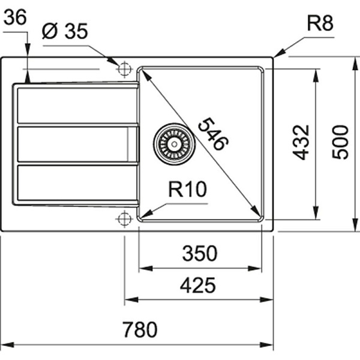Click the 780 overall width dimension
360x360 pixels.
[x=139, y=330]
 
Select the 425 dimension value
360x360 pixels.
[x=197, y=285]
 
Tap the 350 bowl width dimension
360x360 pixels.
[x=199, y=254]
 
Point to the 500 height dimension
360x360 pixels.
[x=340, y=142]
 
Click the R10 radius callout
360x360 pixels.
[x=187, y=191]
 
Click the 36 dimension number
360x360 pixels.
[x=15, y=19]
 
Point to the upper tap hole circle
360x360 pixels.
[x=124, y=69]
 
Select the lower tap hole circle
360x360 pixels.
[x=124, y=218]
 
